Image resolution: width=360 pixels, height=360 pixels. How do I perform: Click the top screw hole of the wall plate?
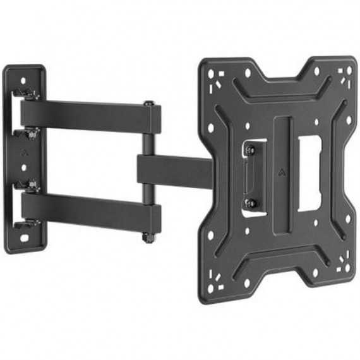(x=23, y=81)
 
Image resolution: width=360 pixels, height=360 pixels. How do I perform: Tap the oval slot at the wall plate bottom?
(x=25, y=239)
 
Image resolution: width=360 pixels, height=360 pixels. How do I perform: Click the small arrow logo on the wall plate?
(x=24, y=152)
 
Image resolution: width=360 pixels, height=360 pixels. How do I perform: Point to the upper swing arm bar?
(x=88, y=117)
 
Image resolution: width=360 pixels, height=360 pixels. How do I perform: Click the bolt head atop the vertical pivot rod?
(x=148, y=104)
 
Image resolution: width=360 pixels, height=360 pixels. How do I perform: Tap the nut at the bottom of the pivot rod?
(x=148, y=238)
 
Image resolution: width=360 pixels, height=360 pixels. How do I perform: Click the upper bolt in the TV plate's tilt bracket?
(x=250, y=150)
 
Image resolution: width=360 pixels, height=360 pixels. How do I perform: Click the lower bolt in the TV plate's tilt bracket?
(x=250, y=203)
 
